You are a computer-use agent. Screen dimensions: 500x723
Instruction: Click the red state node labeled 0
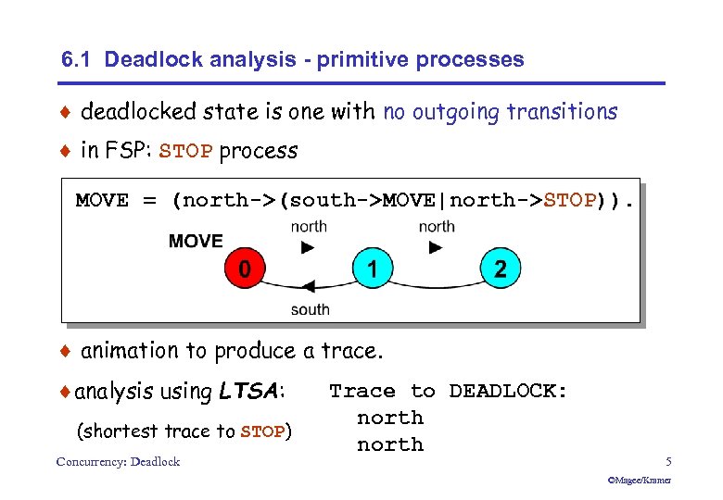[x=244, y=269]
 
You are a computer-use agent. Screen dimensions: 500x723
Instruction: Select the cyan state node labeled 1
[x=372, y=269]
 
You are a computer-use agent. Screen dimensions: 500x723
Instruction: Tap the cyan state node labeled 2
[x=500, y=269]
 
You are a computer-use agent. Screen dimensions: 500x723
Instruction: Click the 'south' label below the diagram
[x=310, y=309]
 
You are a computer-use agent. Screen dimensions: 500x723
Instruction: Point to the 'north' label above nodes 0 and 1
[x=308, y=227]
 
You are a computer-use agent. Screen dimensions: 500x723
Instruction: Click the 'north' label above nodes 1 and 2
[x=436, y=227]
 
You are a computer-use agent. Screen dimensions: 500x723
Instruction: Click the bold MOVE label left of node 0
[x=196, y=241]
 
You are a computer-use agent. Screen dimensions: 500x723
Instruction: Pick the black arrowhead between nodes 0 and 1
[x=308, y=247]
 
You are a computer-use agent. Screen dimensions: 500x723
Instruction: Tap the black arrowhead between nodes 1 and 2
[x=436, y=247]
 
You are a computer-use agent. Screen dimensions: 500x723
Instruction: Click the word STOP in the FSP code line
[x=569, y=201]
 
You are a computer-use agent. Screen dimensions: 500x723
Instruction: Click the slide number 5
[x=667, y=461]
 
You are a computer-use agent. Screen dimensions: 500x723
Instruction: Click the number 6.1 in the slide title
[x=77, y=60]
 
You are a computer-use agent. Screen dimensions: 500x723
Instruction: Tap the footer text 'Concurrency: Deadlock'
[x=118, y=461]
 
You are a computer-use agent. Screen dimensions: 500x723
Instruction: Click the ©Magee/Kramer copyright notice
[x=639, y=481]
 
